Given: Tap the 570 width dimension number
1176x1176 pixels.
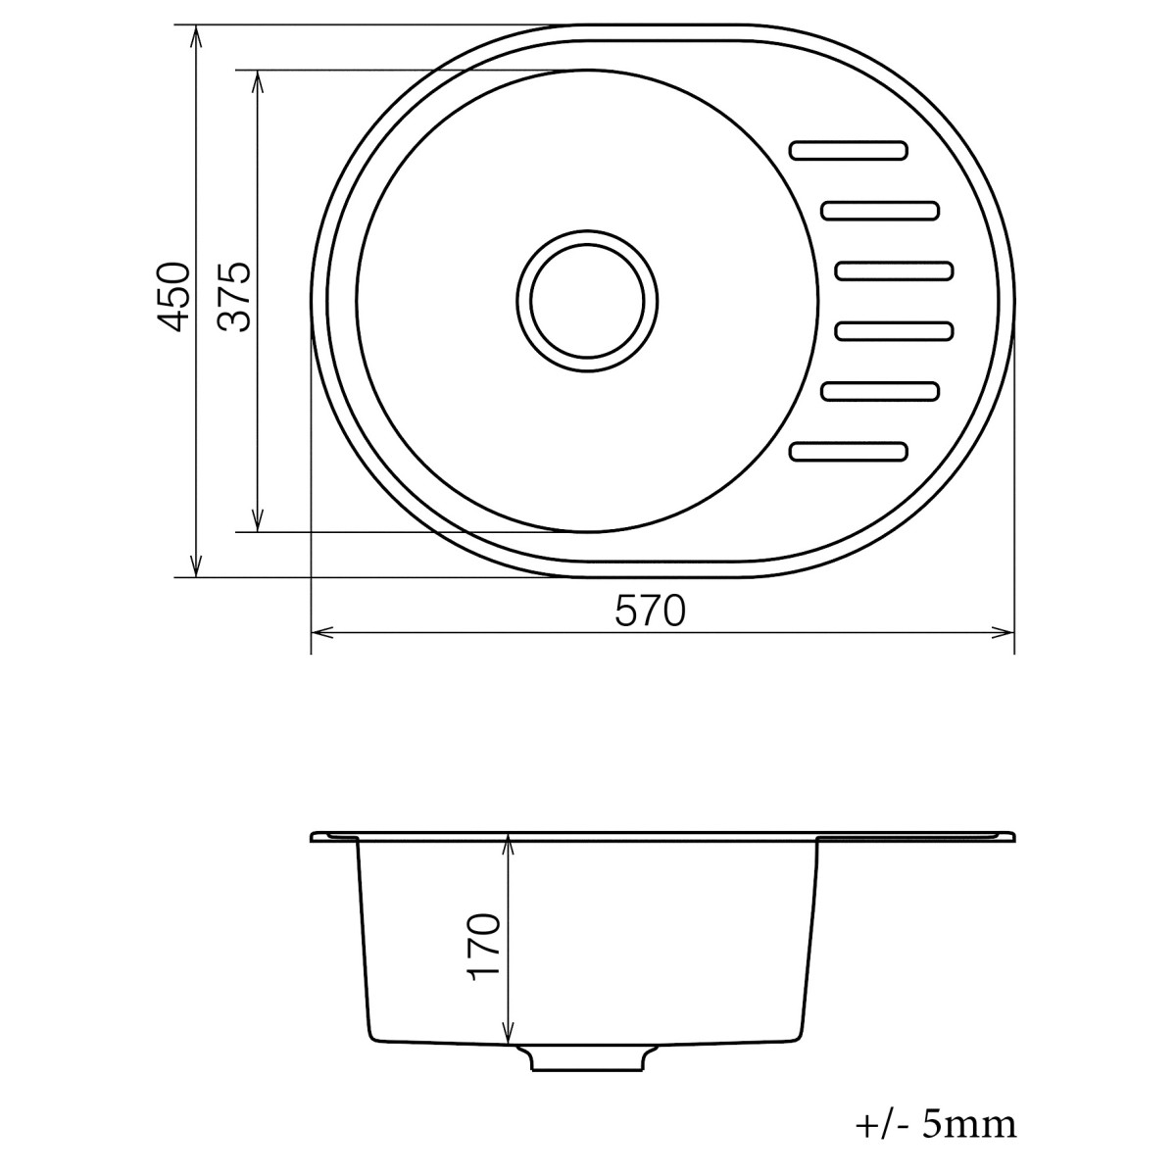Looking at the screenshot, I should (650, 612).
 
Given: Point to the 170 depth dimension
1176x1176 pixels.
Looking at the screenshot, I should (485, 947).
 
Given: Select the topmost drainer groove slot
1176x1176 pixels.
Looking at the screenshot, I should (849, 150).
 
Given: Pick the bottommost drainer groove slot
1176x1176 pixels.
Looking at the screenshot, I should (849, 451).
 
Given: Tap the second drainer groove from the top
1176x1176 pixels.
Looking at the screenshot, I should (881, 211).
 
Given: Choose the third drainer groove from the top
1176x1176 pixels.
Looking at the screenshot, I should (895, 270).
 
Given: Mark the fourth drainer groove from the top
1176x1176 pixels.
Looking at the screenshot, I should (895, 332).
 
